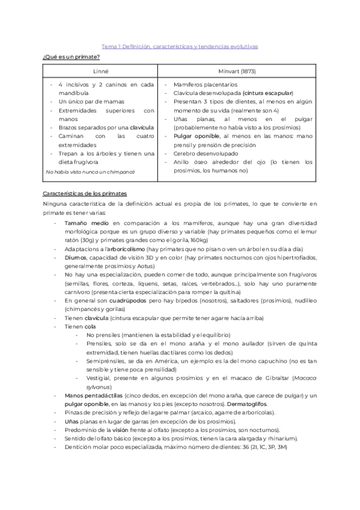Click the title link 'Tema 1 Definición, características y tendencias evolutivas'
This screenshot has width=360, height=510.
tap(179, 46)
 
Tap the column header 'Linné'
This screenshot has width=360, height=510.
tap(101, 71)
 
